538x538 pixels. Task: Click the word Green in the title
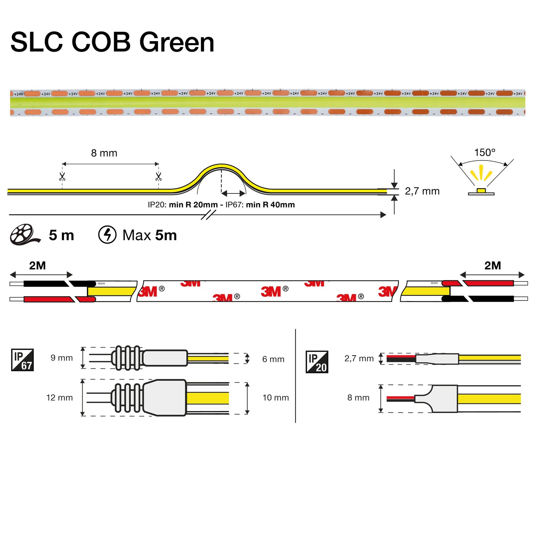pyautogui.click(x=177, y=42)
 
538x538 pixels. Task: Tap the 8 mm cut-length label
pyautogui.click(x=104, y=153)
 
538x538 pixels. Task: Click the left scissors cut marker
pyautogui.click(x=62, y=177)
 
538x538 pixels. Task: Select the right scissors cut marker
pyautogui.click(x=158, y=177)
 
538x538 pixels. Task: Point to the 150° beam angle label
pyautogui.click(x=484, y=153)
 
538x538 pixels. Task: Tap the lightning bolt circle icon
pyautogui.click(x=107, y=235)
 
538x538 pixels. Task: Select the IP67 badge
pyautogui.click(x=22, y=360)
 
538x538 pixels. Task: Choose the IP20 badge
pyautogui.click(x=317, y=362)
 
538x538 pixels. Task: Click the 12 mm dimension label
pyautogui.click(x=59, y=398)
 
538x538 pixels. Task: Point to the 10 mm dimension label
pyautogui.click(x=276, y=398)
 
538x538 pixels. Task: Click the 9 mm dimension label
pyautogui.click(x=62, y=358)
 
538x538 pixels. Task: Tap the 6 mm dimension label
pyautogui.click(x=273, y=359)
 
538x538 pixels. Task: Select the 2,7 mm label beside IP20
pyautogui.click(x=359, y=358)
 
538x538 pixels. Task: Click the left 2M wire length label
pyautogui.click(x=37, y=266)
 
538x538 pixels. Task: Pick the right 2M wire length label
pyautogui.click(x=492, y=266)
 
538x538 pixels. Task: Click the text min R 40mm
pyautogui.click(x=270, y=205)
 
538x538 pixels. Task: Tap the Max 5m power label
pyautogui.click(x=150, y=235)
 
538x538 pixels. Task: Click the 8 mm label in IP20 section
pyautogui.click(x=358, y=398)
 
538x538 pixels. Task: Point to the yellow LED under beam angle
pyautogui.click(x=481, y=190)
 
